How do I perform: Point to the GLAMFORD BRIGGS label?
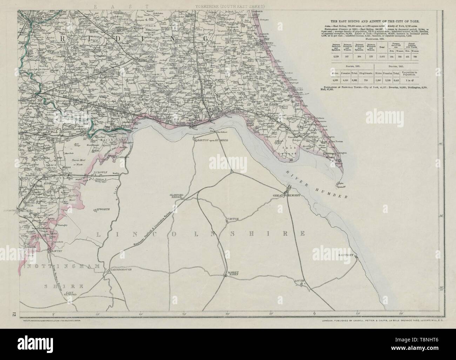tap(175, 196)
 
